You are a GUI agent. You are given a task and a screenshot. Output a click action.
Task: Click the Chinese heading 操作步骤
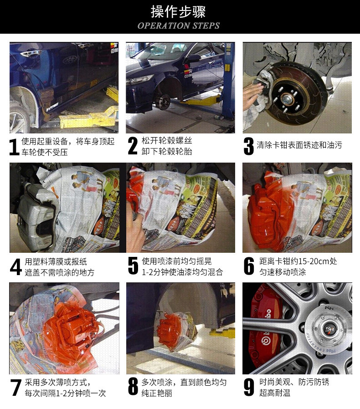[x=178, y=12]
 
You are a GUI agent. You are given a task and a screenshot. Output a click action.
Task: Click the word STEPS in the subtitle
[x=206, y=26]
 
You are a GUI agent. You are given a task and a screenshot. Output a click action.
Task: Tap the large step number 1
[x=14, y=147]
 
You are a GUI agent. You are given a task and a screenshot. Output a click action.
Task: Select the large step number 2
[x=133, y=146]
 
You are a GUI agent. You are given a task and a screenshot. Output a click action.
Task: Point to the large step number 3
[x=248, y=146]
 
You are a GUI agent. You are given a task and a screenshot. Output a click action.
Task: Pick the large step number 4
[x=15, y=267]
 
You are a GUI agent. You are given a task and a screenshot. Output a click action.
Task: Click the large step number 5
[x=133, y=266]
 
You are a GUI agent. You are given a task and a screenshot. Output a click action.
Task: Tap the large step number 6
[x=249, y=266]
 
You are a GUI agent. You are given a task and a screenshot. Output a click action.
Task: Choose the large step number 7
[x=15, y=388]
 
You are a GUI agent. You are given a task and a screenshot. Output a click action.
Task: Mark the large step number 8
[x=133, y=387]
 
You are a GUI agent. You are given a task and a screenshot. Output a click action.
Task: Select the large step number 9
[x=249, y=387]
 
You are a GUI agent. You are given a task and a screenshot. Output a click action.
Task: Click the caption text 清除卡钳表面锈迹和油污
[x=299, y=145]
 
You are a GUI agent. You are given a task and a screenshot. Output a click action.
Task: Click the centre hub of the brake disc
[x=287, y=99]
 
